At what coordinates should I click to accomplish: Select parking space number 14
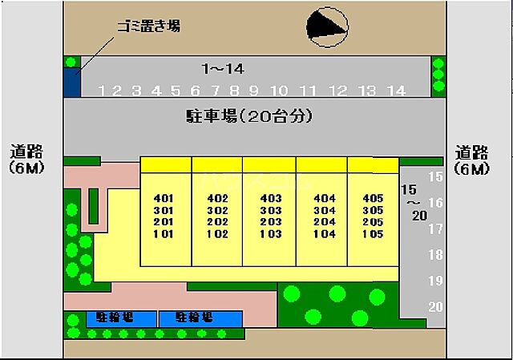395,91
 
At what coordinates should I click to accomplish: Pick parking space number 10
279,91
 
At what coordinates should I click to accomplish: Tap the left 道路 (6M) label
26,160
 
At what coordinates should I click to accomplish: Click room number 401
164,198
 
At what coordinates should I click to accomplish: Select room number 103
271,234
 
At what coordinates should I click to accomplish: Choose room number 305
373,210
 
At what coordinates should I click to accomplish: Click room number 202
217,222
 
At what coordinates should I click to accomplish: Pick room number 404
324,198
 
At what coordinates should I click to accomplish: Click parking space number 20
436,306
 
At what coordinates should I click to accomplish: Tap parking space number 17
436,229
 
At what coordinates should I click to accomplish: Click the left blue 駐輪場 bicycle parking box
121,318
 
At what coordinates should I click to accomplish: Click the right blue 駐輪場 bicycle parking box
200,318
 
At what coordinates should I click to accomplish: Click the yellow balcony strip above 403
269,164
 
